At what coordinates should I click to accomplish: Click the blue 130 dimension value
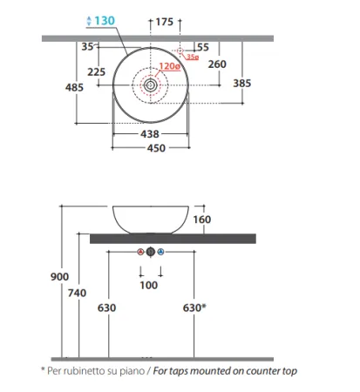[x=104, y=20]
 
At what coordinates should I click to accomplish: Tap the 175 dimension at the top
[x=164, y=21]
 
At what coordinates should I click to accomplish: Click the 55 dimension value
[x=202, y=47]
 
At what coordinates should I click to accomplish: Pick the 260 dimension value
[x=218, y=64]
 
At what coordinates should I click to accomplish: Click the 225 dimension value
[x=97, y=72]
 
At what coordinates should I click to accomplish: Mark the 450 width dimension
[x=153, y=147]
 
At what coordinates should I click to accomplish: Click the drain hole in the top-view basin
[x=152, y=85]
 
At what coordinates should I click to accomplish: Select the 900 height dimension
[x=60, y=276]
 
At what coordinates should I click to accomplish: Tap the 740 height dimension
[x=77, y=294]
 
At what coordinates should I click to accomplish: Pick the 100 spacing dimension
[x=149, y=286]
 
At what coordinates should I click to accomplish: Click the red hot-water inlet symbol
[x=140, y=252]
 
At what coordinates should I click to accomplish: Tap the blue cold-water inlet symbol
[x=161, y=252]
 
